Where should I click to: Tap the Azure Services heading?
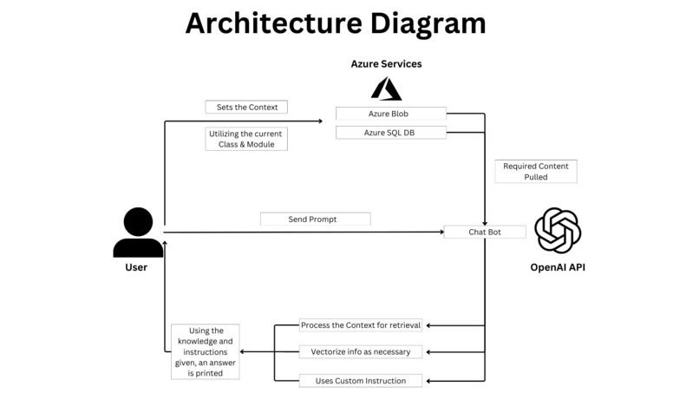pos(386,64)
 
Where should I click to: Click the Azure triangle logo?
pos(386,88)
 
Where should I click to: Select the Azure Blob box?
pos(390,114)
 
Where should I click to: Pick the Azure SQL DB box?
pos(390,133)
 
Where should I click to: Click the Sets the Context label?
pos(246,107)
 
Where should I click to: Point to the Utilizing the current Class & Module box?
pos(246,139)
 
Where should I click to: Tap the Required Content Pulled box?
pos(535,171)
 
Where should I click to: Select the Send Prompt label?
pos(315,219)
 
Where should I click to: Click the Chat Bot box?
pos(484,232)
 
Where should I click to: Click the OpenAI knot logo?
pos(558,231)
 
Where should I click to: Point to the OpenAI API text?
pos(558,267)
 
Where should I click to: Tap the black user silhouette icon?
pos(138,233)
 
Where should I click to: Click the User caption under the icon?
pos(136,267)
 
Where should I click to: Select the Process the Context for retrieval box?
pos(361,325)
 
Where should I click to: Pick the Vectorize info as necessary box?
pos(361,351)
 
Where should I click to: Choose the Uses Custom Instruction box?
pos(361,380)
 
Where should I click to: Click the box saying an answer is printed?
pos(205,351)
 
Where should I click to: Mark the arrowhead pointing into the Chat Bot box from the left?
pos(440,232)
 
